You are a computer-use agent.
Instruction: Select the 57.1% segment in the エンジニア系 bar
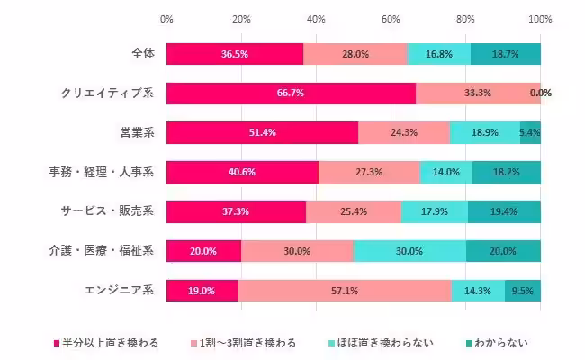(x=344, y=291)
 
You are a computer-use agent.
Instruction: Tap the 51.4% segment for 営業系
(x=262, y=132)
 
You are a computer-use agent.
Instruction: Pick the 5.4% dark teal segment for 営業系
(x=530, y=132)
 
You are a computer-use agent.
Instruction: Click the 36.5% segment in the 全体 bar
(x=234, y=53)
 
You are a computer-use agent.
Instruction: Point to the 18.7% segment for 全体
(x=505, y=53)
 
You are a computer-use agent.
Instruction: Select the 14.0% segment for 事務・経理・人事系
(x=446, y=172)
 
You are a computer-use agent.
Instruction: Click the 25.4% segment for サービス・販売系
(x=353, y=211)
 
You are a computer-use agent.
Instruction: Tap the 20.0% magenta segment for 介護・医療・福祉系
(x=203, y=251)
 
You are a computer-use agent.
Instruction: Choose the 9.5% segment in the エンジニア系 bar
(x=523, y=291)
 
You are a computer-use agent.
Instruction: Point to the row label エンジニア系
(x=119, y=291)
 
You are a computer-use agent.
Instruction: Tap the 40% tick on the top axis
(x=316, y=18)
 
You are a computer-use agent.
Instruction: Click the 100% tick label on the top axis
(x=540, y=18)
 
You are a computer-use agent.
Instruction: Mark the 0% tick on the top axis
(x=166, y=18)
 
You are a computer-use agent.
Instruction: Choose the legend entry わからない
(x=496, y=342)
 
